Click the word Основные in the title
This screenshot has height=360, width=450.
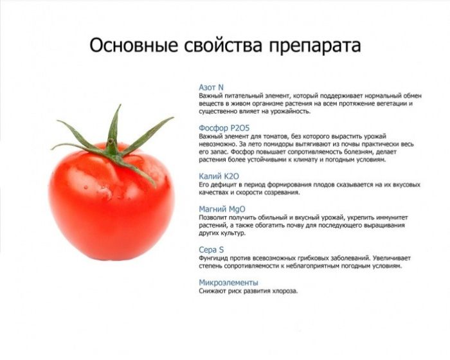click(x=134, y=45)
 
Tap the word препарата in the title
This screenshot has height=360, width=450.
click(x=314, y=46)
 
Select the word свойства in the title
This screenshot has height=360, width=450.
click(x=223, y=45)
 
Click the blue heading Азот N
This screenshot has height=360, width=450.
click(x=211, y=87)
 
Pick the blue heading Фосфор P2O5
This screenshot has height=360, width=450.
click(x=224, y=128)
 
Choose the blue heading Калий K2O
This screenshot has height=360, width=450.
click(x=219, y=176)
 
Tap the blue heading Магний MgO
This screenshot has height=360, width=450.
click(x=222, y=210)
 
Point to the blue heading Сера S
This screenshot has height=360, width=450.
click(x=211, y=250)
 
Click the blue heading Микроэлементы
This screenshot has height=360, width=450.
click(x=228, y=282)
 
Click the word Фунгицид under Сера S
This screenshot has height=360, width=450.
click(x=212, y=258)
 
